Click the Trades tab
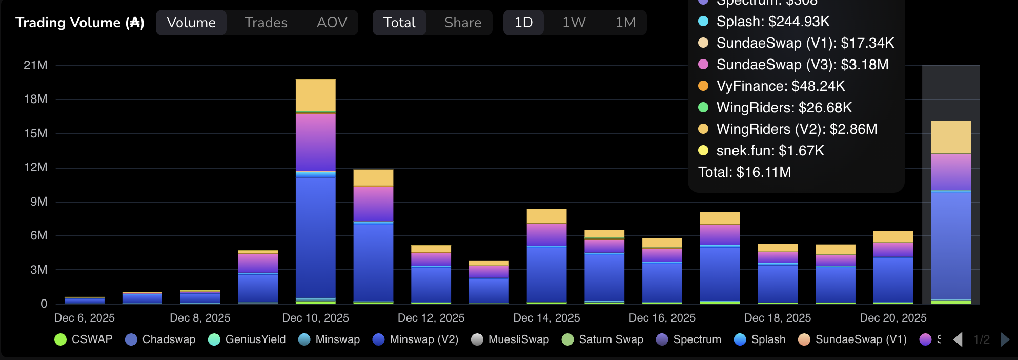[x=266, y=23]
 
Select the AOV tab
[x=332, y=23]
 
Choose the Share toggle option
[x=462, y=23]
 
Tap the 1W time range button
[x=574, y=23]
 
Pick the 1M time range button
[x=625, y=23]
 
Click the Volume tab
[x=191, y=23]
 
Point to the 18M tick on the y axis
[x=35, y=99]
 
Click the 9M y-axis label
[x=38, y=202]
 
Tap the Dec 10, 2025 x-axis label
[x=315, y=318]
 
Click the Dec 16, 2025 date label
[x=662, y=318]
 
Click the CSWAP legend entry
[x=83, y=339]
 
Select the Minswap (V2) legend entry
[x=415, y=339]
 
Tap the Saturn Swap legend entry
[x=602, y=339]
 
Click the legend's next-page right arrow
[x=1005, y=339]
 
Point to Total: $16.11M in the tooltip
[x=744, y=172]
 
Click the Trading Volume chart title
[x=79, y=23]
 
